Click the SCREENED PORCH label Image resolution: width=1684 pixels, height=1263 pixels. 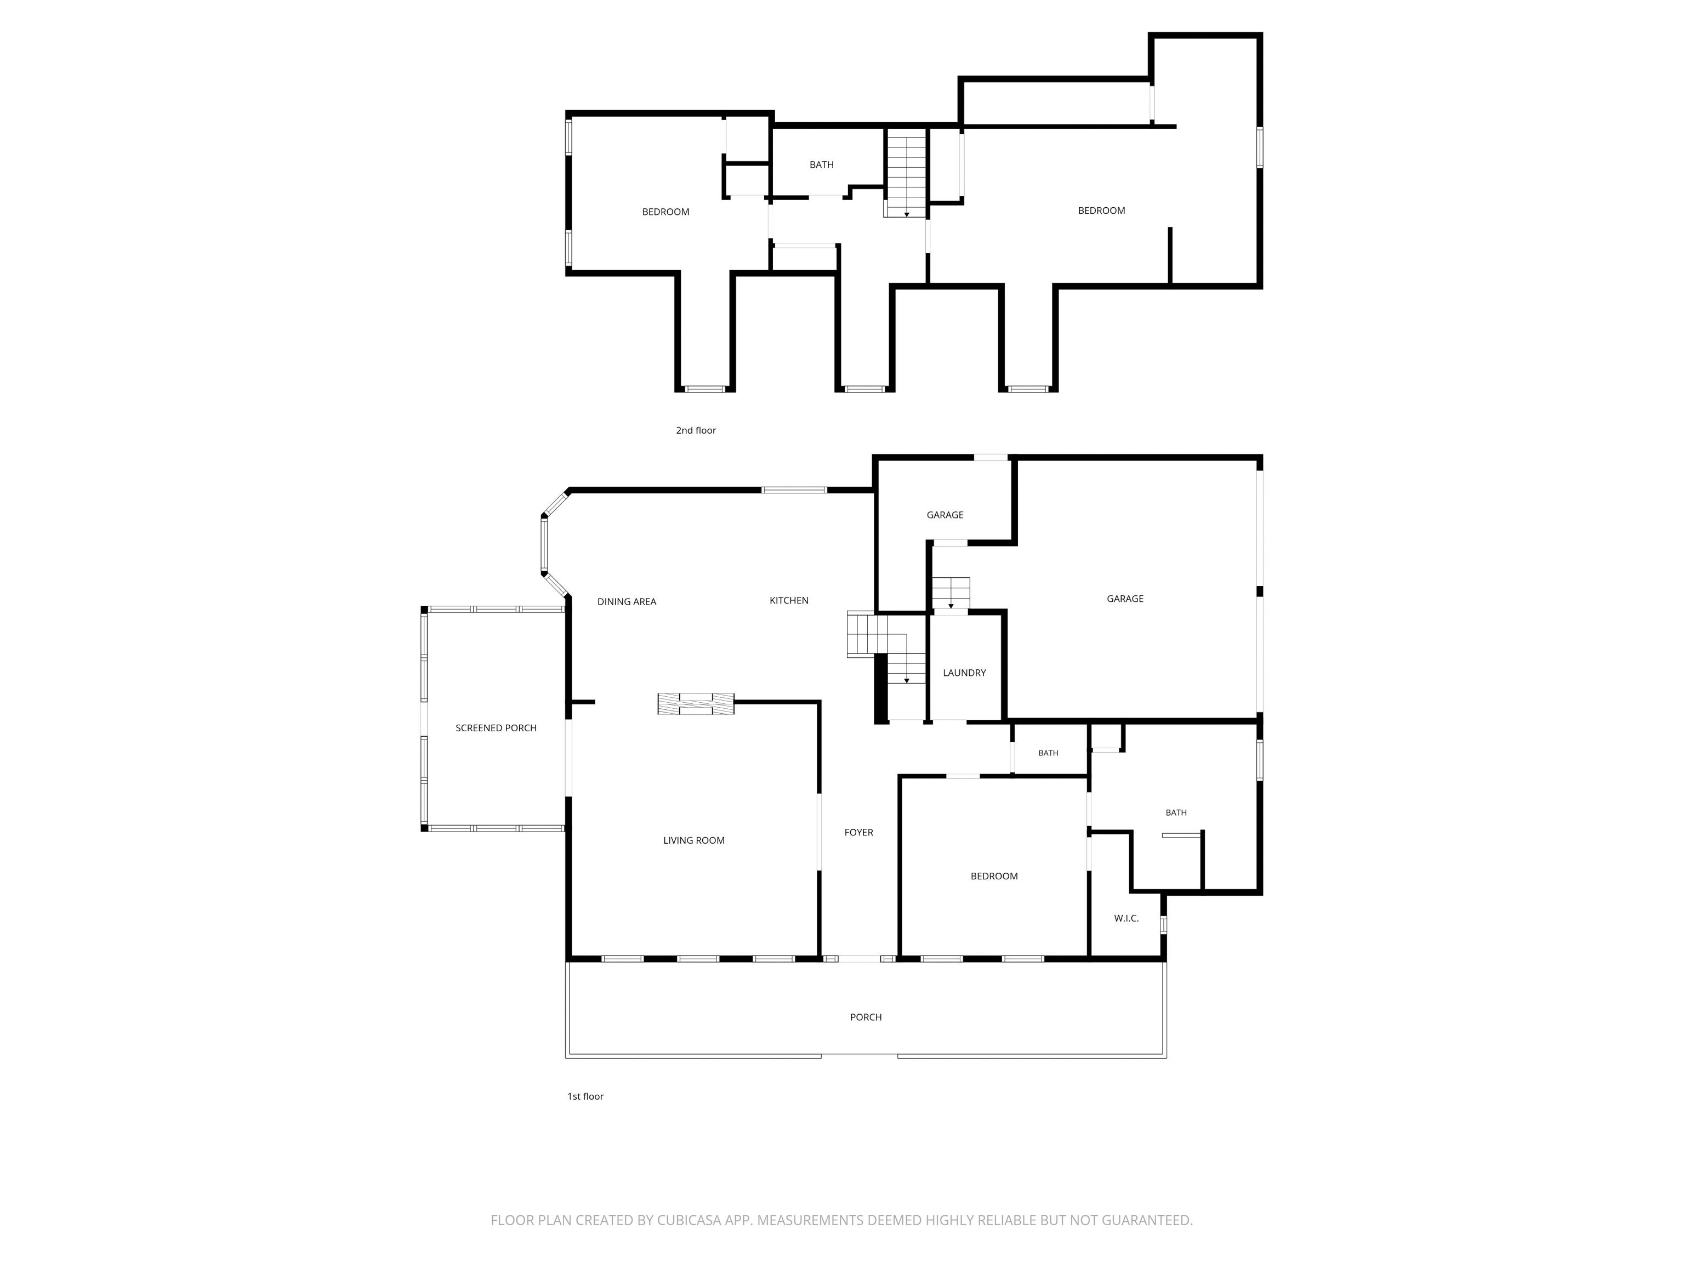tap(496, 728)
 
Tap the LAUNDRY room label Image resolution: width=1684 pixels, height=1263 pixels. tap(964, 672)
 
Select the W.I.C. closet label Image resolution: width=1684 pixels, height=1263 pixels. tap(1126, 918)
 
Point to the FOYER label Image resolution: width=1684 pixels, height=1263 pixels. tap(859, 832)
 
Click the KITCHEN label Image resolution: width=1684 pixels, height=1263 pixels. tap(789, 600)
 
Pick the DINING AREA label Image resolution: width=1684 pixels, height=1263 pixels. tap(627, 601)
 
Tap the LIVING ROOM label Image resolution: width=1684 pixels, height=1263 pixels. tap(693, 840)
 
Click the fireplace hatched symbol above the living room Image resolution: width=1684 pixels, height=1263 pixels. tap(696, 703)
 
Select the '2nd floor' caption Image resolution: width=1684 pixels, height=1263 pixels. tap(696, 430)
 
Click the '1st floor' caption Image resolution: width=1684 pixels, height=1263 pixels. tap(585, 1096)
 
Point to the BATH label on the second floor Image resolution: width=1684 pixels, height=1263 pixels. tap(822, 164)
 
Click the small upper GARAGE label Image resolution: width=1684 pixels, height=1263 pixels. tap(945, 515)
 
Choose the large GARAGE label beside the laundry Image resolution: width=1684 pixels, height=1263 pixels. tap(1125, 599)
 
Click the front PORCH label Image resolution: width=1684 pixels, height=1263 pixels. tap(866, 1017)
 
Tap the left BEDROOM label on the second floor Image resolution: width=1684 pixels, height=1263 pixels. tap(665, 212)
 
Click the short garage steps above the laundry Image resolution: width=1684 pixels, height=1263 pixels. tap(951, 594)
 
